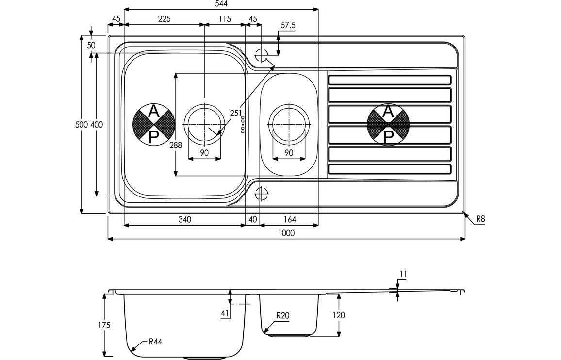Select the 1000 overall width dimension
click(286, 233)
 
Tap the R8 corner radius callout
click(480, 219)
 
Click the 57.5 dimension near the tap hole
click(288, 25)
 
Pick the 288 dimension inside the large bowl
click(176, 145)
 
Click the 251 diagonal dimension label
click(236, 114)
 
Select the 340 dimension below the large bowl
click(184, 219)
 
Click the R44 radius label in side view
click(155, 342)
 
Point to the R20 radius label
click(282, 316)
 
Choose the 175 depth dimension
click(104, 325)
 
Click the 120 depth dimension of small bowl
click(339, 315)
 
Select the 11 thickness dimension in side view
click(403, 275)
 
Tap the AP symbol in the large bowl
click(154, 125)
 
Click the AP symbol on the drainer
click(389, 124)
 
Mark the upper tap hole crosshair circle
click(261, 55)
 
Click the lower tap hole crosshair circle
click(261, 194)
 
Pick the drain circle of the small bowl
click(289, 124)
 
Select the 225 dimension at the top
click(164, 19)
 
